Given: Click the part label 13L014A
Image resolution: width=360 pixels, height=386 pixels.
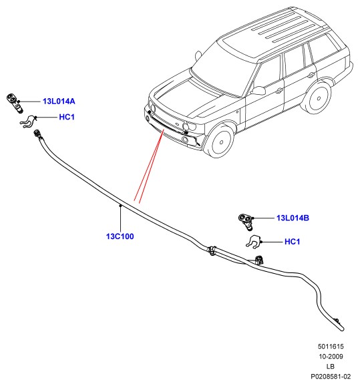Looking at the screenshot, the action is pos(59,102).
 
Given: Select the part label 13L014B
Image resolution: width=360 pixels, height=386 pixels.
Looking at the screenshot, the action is pos(293,218).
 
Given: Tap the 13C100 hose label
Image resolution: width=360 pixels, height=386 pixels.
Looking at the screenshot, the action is pos(120,236).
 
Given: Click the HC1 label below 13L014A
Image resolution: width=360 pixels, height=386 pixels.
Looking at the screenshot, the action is pos(67,117).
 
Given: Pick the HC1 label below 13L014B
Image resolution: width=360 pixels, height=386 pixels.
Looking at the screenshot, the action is pos(293,242).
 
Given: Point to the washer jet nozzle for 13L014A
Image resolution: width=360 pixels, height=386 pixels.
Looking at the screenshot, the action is pos(15,102).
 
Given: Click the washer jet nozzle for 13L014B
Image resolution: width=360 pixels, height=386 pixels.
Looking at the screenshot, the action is pos(246,221).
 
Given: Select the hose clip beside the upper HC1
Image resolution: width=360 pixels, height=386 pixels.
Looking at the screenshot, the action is pos(28,122).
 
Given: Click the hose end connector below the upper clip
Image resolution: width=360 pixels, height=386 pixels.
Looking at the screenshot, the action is pos(37,134).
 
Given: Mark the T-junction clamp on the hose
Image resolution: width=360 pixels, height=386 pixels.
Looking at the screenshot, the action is pos(212,250).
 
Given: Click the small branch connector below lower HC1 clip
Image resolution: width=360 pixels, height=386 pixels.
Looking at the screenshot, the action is pos(258,260).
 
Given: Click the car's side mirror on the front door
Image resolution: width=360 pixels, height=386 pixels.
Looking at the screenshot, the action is pos(258,90).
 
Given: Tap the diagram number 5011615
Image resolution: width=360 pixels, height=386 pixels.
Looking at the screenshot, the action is pos(331,347).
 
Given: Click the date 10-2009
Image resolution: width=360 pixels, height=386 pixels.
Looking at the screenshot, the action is pos(331,356).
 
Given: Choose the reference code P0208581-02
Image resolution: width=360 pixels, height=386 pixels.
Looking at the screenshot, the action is pos(331,377).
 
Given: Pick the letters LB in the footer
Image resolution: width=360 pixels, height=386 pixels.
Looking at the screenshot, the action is pos(331,367).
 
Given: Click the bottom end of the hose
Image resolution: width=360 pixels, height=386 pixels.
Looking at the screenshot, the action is pos(342,329).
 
